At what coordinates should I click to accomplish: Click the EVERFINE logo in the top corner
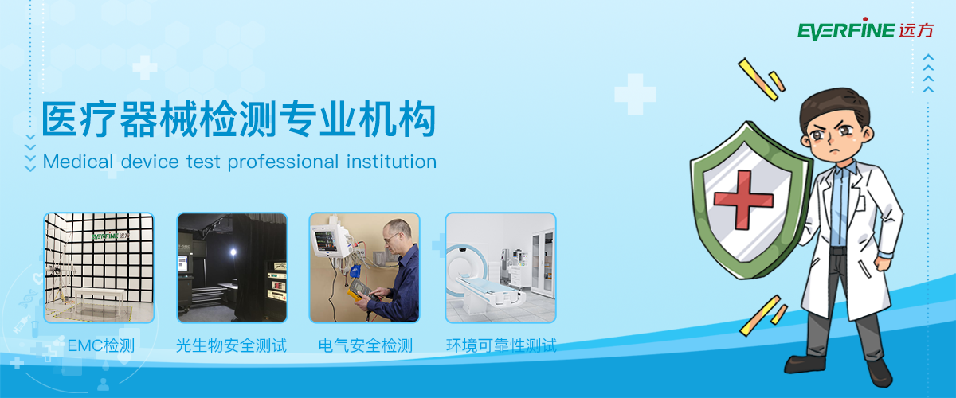tap(865, 29)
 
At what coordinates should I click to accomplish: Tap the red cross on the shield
tap(743, 199)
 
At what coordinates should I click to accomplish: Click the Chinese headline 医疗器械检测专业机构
tap(238, 119)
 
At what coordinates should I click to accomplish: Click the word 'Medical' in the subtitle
tap(78, 162)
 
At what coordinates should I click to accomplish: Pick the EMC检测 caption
tap(100, 345)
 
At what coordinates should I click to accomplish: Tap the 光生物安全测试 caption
tap(231, 345)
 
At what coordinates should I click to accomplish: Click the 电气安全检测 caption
tap(366, 345)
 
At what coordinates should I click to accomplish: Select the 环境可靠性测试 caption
tap(501, 345)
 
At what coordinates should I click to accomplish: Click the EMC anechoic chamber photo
tap(99, 267)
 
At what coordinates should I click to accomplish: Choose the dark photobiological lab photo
tap(232, 267)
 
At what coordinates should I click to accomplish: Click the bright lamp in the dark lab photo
tap(233, 252)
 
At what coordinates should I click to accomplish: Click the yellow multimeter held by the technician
tap(358, 291)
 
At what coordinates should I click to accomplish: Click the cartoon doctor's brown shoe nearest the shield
tap(805, 364)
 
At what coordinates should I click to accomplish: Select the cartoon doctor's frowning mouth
tap(834, 151)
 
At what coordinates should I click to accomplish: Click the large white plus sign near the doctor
tap(635, 94)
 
